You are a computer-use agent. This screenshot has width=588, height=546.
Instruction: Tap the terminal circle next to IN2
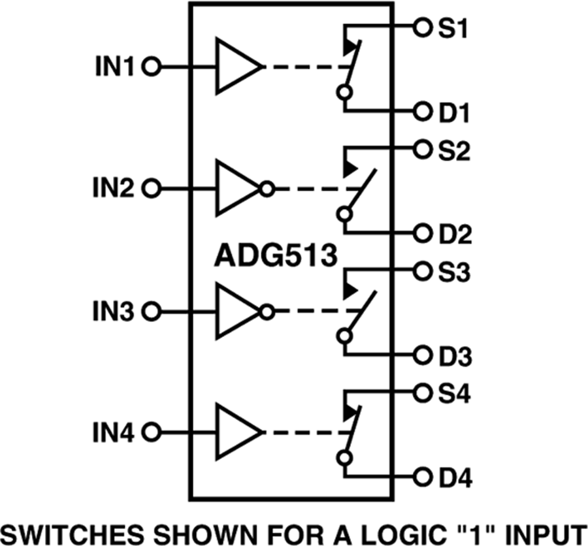click(x=152, y=189)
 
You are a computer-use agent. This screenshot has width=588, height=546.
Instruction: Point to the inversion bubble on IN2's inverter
click(x=266, y=189)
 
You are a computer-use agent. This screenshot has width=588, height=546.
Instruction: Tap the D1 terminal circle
click(x=422, y=112)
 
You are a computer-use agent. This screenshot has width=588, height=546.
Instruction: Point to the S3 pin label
click(x=452, y=272)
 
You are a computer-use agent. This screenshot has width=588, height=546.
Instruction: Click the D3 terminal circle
click(x=422, y=356)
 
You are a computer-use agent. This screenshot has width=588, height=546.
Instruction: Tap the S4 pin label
click(x=452, y=394)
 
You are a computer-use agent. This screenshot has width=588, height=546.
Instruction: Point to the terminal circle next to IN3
click(x=152, y=312)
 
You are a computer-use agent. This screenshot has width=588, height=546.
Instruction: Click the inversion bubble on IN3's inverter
click(x=266, y=312)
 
